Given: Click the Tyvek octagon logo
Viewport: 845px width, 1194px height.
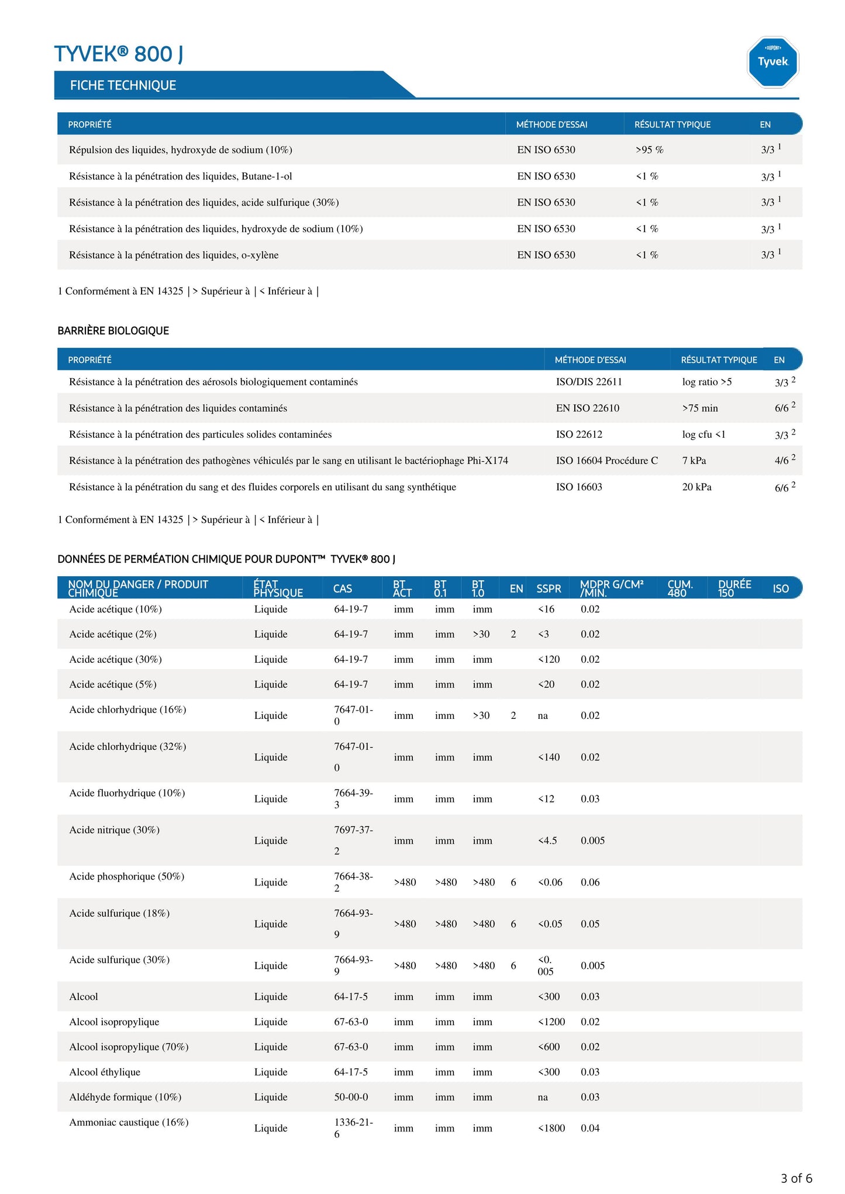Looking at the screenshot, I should [772, 62].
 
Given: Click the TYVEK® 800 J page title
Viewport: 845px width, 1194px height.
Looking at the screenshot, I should [119, 54].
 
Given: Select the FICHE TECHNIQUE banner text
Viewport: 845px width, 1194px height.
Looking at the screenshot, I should [123, 85].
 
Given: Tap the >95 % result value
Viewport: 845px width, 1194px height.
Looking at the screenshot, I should [649, 150].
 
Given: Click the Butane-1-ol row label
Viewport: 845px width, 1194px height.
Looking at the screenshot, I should [180, 176].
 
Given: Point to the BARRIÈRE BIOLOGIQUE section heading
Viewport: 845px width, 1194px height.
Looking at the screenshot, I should [113, 331].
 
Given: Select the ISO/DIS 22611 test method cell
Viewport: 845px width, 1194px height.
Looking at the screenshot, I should [589, 382].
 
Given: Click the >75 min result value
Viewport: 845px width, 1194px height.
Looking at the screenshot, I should [699, 408].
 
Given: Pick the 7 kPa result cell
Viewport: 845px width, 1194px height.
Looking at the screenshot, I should [694, 461].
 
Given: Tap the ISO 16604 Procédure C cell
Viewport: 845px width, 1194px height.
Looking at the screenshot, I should [606, 461].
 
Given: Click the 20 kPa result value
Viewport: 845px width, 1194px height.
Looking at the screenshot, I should [696, 487].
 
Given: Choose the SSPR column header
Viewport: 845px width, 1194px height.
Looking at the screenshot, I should [549, 589].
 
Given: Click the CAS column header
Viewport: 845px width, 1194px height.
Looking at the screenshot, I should [343, 589].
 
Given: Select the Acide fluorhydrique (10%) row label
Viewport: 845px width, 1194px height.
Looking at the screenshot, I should [127, 793].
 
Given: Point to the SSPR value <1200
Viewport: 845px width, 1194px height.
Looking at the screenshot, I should [551, 1022].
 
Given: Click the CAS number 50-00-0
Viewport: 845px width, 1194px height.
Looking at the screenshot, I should [351, 1097].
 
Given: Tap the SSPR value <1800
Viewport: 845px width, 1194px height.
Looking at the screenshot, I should [551, 1128].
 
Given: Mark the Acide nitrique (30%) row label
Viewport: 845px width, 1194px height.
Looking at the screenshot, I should [114, 830].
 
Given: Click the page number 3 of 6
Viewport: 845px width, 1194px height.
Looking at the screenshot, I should [796, 1178].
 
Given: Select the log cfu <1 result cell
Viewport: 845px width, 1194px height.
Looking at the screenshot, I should [703, 434].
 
